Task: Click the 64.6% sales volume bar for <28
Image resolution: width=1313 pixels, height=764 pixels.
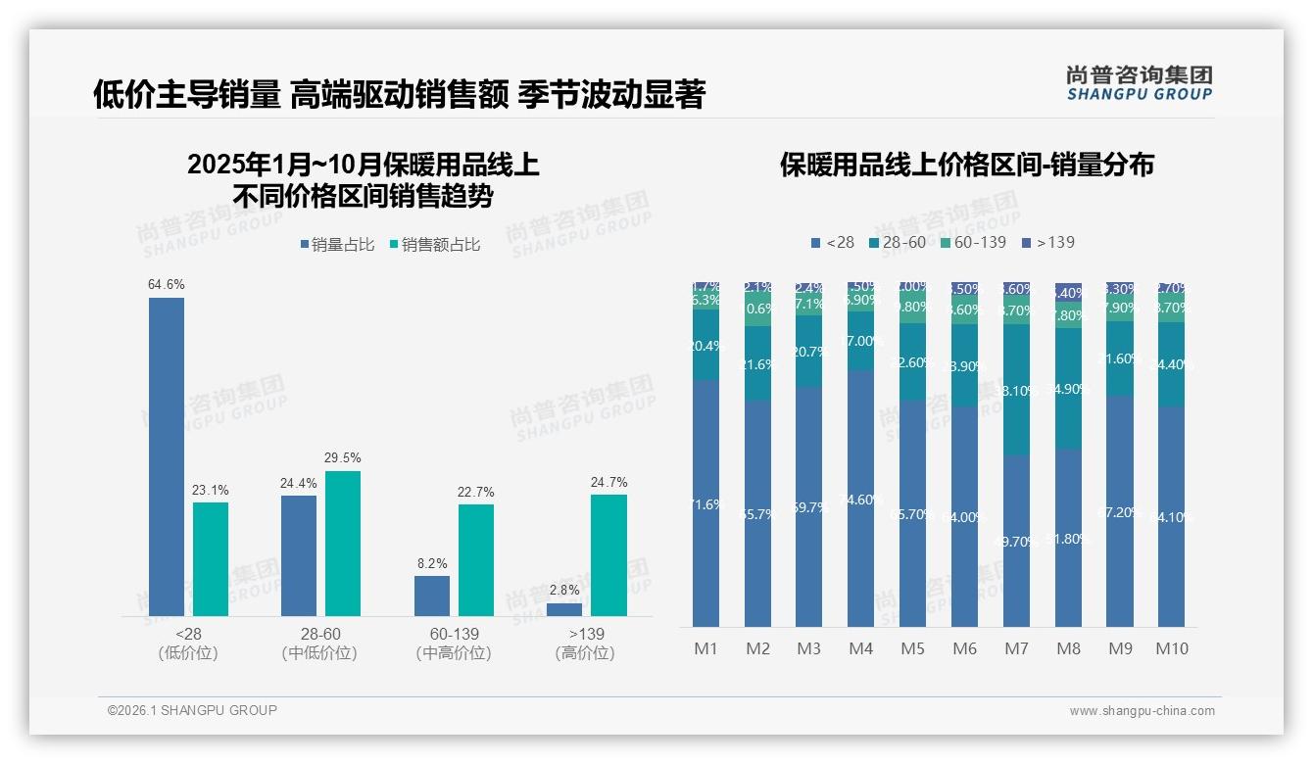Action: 167,456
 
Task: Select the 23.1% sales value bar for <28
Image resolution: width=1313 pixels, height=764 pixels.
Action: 211,559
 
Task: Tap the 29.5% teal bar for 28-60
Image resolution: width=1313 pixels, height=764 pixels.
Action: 343,544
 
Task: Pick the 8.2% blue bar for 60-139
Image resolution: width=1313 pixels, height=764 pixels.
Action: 432,596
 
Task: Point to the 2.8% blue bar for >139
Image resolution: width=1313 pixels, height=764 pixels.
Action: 564,609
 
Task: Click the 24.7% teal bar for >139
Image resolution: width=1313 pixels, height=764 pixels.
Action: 608,555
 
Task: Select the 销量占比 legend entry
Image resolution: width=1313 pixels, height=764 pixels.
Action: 336,245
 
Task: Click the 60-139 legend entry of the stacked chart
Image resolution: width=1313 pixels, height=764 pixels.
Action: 973,242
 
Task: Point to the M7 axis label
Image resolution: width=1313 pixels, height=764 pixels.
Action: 1017,648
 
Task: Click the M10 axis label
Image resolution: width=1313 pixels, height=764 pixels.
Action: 1172,648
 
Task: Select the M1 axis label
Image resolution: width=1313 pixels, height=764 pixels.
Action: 706,648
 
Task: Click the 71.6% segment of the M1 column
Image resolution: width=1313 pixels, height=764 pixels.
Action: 706,503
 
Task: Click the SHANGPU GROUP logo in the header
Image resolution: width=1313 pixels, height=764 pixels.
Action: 1139,83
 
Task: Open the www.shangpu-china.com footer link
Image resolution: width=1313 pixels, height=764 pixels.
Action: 1142,711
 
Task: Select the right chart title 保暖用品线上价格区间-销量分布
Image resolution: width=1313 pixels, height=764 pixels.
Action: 966,165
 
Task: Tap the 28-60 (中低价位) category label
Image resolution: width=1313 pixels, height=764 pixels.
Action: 319,644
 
